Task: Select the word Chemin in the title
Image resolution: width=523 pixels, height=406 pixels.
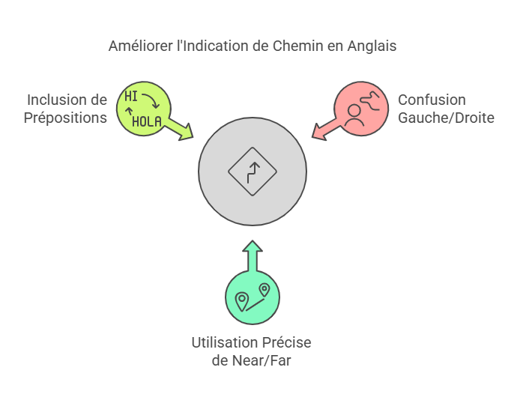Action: point(294,46)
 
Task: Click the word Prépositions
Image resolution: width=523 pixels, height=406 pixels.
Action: point(65,118)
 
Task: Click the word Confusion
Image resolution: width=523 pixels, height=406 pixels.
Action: point(432,100)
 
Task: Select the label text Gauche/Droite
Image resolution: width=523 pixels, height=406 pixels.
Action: point(446,118)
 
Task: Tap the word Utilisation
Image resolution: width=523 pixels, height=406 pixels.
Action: point(223,342)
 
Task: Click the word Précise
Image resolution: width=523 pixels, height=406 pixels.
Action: point(285,342)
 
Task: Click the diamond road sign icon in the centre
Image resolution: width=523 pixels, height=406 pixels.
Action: point(253,171)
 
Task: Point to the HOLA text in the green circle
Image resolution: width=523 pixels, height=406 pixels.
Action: point(147,121)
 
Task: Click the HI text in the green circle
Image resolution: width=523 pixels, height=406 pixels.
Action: point(131,97)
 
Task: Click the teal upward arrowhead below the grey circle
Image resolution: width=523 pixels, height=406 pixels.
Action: point(253,248)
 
